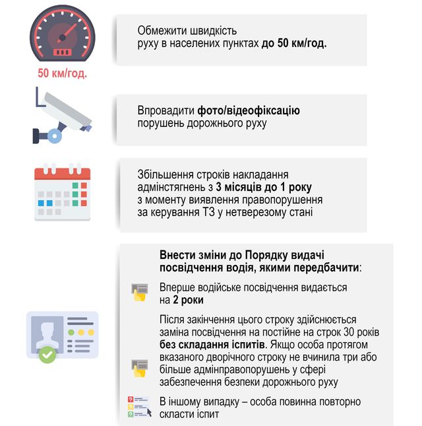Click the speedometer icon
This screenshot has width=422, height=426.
tap(63, 34)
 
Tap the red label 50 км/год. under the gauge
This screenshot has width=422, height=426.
tap(63, 73)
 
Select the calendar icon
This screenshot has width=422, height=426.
tap(62, 192)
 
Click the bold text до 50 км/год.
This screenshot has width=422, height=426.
tap(294, 43)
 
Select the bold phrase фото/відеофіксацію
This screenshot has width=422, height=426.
tap(253, 110)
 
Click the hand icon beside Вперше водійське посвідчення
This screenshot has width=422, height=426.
tap(139, 293)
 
